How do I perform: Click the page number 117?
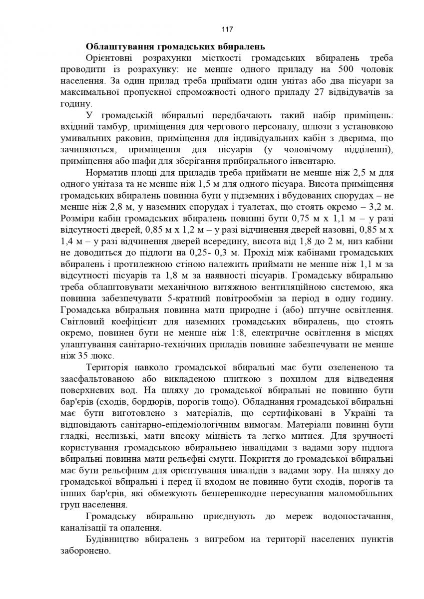pyautogui.click(x=212, y=28)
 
